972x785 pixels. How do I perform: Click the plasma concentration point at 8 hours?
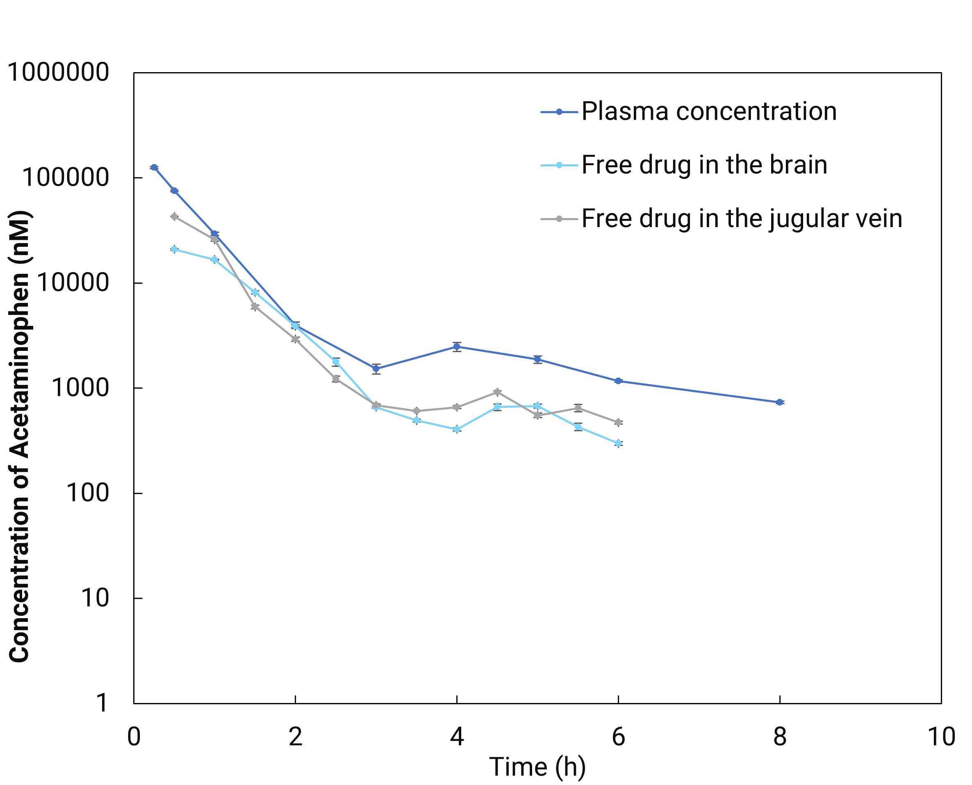(x=779, y=402)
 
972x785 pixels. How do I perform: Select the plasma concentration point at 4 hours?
(x=457, y=347)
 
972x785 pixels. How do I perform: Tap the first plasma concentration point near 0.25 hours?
(x=154, y=167)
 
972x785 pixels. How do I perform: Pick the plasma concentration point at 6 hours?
(x=618, y=381)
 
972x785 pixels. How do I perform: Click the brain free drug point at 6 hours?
(x=618, y=443)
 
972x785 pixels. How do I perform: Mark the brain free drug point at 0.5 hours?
(x=174, y=249)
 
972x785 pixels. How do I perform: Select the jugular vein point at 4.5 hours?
(x=497, y=391)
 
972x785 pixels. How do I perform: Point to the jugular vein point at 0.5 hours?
(x=174, y=216)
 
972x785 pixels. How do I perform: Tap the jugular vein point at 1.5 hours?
(x=255, y=307)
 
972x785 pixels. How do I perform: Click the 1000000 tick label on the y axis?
(x=58, y=72)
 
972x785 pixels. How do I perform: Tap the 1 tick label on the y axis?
(x=102, y=703)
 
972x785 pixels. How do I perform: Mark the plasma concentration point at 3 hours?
(x=376, y=369)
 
